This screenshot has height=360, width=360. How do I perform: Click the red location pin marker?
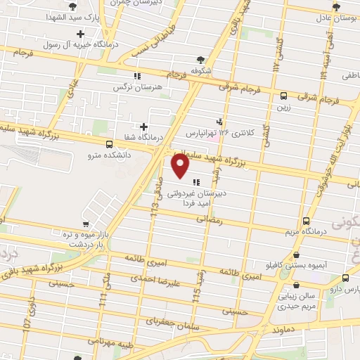click(x=181, y=166)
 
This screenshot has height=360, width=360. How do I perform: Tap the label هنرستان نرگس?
click(x=138, y=88)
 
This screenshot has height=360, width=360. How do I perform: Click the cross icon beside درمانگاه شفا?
click(x=143, y=127)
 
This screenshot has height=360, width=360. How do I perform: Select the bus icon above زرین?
click(x=283, y=96)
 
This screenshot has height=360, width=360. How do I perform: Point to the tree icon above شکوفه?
click(x=202, y=60)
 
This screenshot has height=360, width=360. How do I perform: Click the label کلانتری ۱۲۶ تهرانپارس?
click(x=218, y=132)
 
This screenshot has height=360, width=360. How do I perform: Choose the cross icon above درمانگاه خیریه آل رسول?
click(x=81, y=34)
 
